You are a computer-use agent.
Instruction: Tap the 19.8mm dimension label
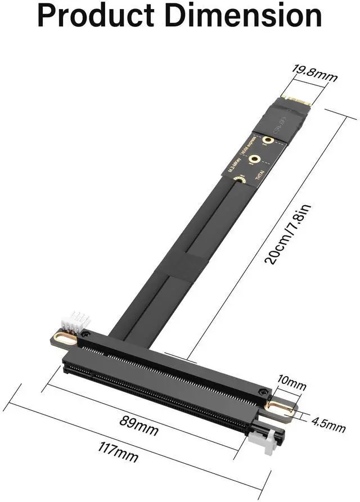pos(314,72)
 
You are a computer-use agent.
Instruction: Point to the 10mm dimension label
pos(292,386)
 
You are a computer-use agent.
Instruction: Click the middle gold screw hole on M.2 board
pos(255,160)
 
